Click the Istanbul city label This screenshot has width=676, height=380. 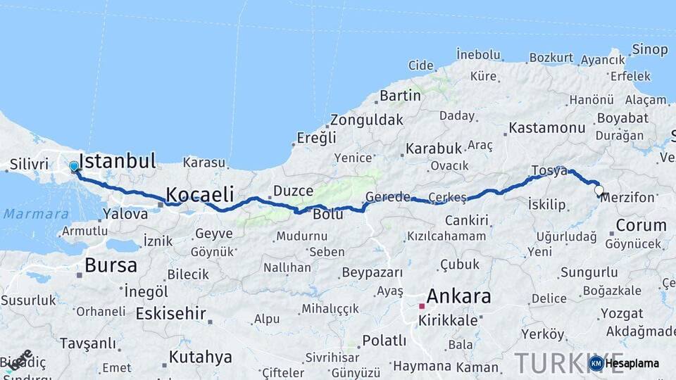point(117,161)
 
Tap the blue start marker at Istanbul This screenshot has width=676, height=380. point(74,167)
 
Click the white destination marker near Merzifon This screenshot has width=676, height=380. point(599,190)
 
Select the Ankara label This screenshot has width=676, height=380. point(458,296)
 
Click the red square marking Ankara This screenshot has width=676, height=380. point(422,306)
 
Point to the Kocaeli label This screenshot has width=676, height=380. point(199,194)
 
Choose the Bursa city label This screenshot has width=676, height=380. point(111,265)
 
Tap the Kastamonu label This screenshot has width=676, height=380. point(547,127)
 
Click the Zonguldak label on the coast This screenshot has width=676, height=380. point(366,119)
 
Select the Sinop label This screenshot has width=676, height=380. point(649,49)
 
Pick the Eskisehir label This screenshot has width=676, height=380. point(170,313)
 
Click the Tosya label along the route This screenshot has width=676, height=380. point(549,171)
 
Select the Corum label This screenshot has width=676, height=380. point(641,225)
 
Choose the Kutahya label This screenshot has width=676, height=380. point(201,357)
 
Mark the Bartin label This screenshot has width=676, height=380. point(400,95)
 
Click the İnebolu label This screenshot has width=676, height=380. point(478,54)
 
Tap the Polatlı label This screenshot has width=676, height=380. point(384,341)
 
